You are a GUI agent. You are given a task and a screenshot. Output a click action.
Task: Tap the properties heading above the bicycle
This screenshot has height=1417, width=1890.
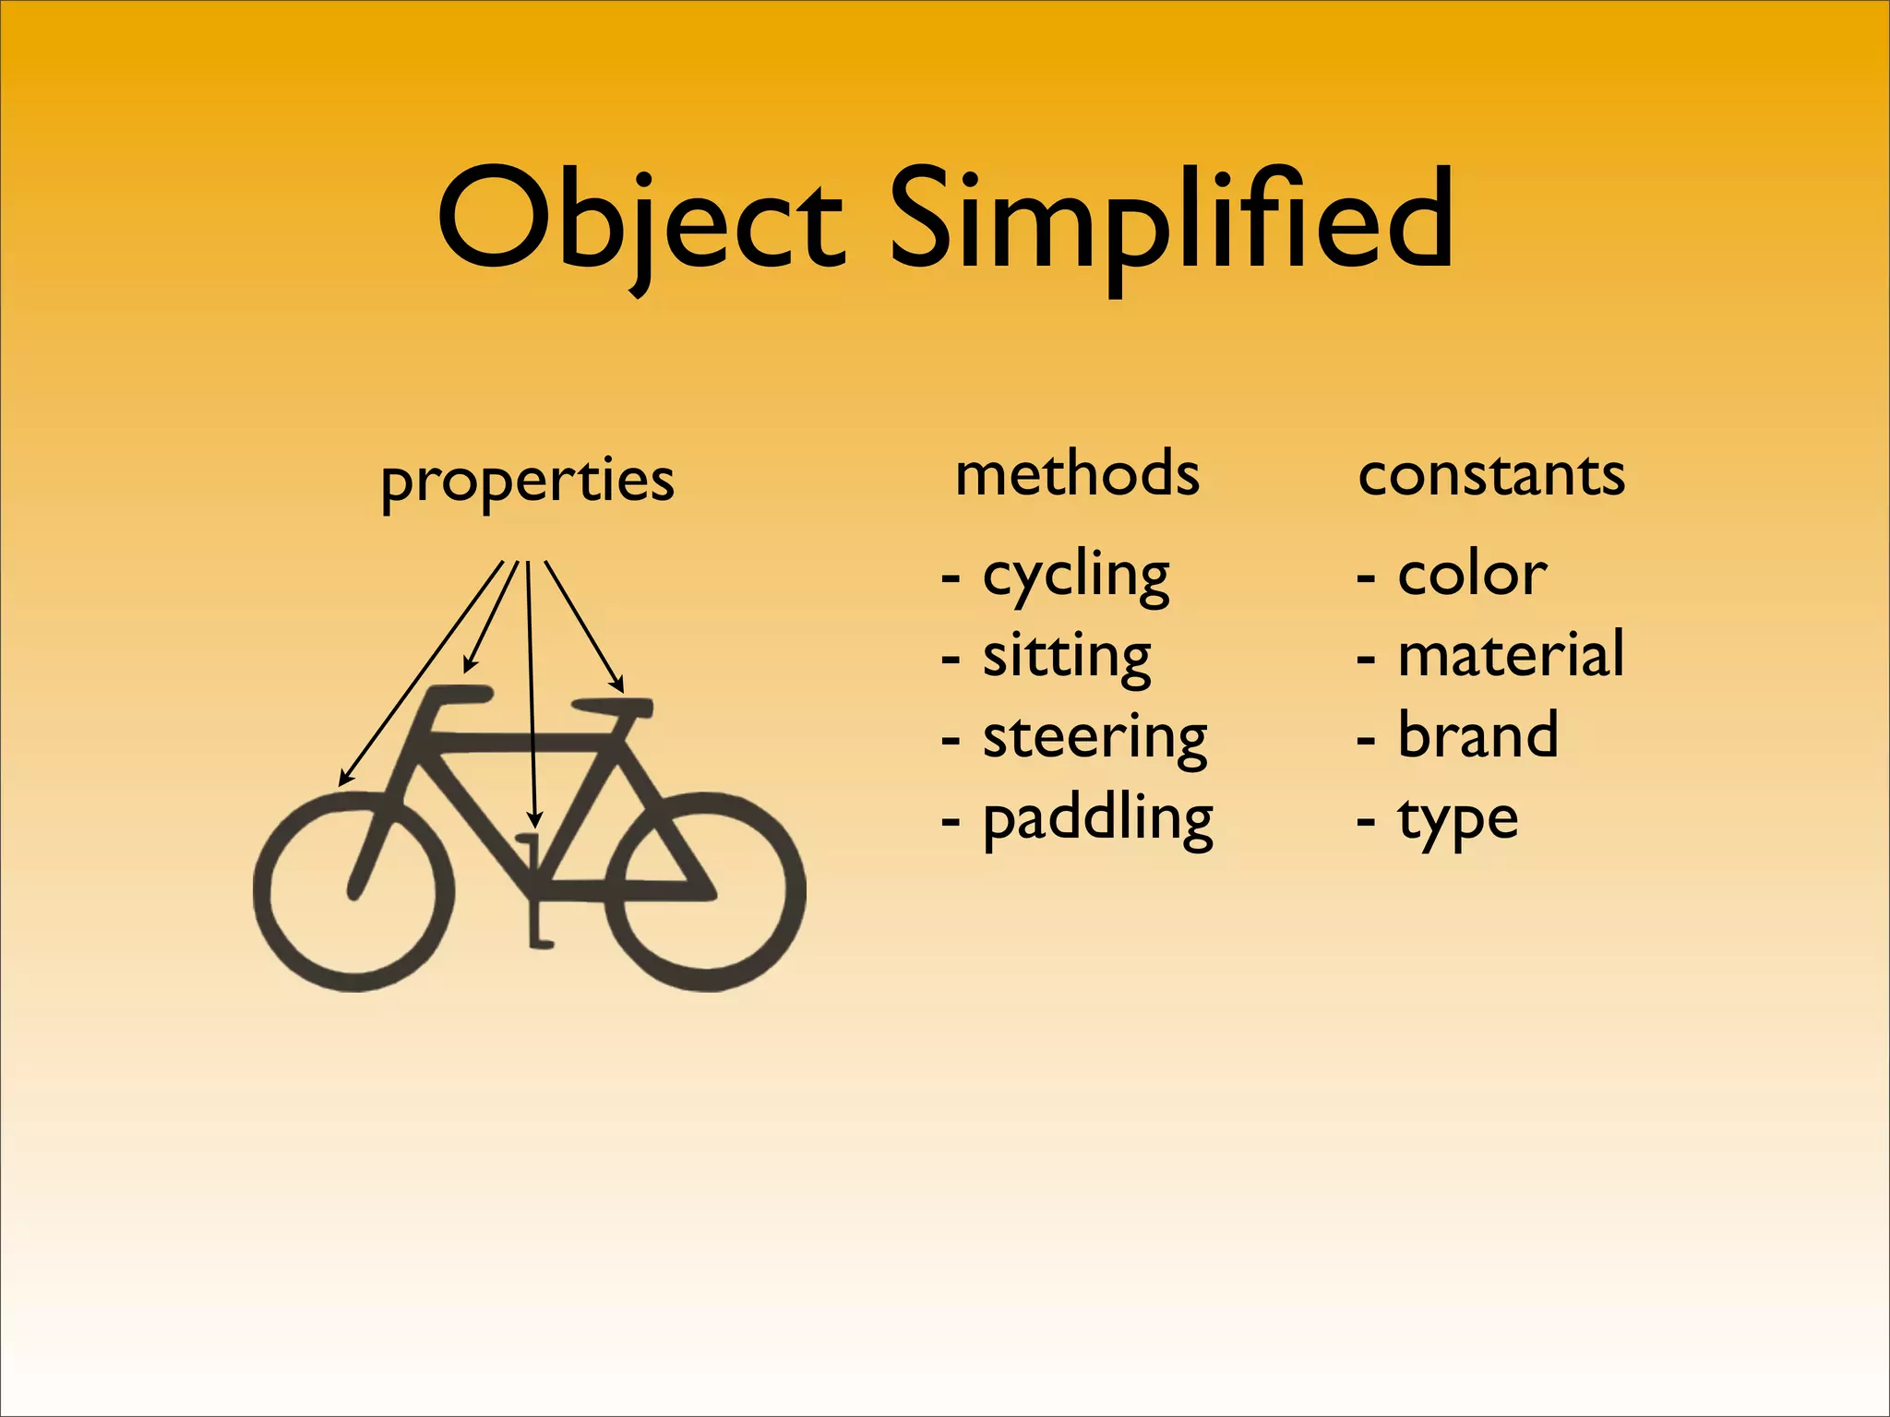527,481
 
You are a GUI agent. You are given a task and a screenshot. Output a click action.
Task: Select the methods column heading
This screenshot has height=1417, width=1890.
1077,474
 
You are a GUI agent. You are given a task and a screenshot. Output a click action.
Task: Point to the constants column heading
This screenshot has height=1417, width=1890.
1491,474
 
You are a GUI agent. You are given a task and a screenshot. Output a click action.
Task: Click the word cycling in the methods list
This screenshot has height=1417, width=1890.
1076,577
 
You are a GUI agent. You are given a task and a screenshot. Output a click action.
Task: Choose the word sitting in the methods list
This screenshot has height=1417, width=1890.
1067,657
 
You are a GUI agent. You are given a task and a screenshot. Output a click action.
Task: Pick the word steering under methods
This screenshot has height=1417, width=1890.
1095,738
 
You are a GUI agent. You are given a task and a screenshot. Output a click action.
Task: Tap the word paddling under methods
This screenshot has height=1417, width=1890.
1097,819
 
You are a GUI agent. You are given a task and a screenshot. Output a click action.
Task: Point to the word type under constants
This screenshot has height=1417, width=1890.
1458,819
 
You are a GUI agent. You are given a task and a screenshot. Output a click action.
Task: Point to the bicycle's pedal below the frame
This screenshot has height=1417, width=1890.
540,941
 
